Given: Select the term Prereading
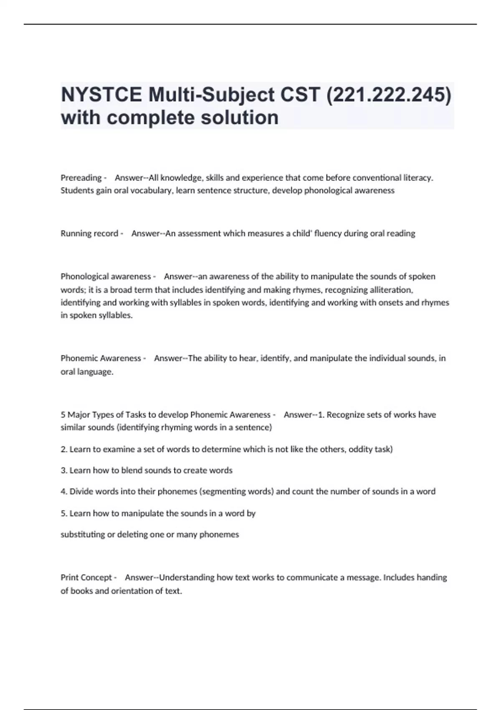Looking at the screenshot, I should (x=81, y=178).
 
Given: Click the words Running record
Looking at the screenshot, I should (x=89, y=233).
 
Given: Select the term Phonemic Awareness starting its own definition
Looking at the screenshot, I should (x=101, y=358).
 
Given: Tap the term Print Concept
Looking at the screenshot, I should (x=86, y=578).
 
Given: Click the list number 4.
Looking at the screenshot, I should (x=64, y=492).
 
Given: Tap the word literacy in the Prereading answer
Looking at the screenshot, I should (x=418, y=178).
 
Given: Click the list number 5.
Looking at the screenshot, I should (x=64, y=513).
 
